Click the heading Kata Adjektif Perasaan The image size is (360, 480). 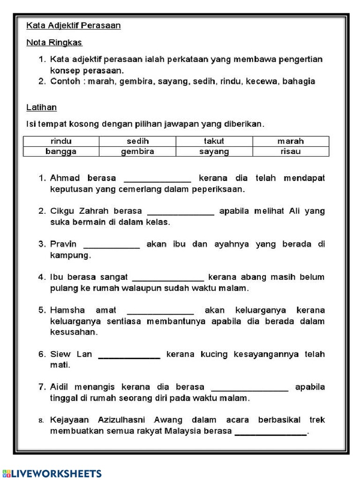[74, 26]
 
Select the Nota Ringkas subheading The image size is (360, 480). [54, 43]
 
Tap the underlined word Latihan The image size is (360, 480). [42, 108]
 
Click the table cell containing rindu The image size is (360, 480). [61, 141]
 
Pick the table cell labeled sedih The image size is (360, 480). [137, 141]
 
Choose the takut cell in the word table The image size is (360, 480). [214, 141]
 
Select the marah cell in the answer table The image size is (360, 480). [291, 141]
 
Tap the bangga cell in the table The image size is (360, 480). [61, 151]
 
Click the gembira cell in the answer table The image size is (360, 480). [137, 151]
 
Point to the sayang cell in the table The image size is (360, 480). [214, 151]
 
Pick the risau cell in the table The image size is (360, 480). [291, 151]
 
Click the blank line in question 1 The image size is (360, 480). [157, 179]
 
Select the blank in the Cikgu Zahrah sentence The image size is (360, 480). [180, 212]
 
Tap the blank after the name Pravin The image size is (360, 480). [112, 246]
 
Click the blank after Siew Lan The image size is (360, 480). [129, 356]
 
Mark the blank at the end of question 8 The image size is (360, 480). [270, 433]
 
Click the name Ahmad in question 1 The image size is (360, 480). [65, 178]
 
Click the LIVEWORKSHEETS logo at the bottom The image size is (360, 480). [52, 473]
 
